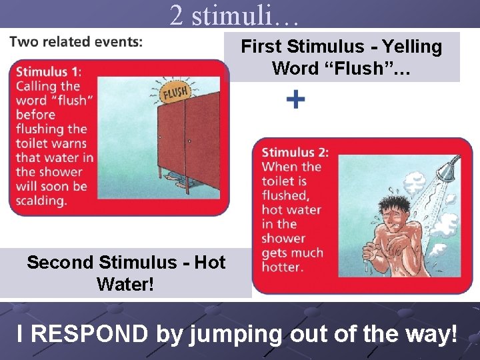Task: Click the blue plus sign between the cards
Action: pos(296,100)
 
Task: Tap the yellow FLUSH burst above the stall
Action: pos(175,91)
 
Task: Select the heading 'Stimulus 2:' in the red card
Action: pos(295,153)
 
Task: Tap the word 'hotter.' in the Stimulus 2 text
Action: pos(282,267)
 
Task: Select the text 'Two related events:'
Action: pos(76,41)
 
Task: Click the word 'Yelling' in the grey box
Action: pos(411,47)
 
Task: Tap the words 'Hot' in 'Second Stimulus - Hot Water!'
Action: pos(209,263)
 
